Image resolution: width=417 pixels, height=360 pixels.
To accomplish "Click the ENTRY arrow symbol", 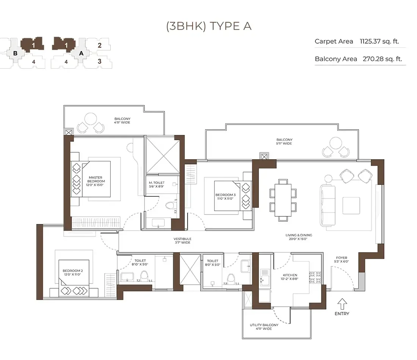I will coord(342,303).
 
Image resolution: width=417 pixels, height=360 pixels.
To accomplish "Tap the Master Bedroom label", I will coord(96,179).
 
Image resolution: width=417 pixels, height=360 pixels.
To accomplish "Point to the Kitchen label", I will coord(290,277).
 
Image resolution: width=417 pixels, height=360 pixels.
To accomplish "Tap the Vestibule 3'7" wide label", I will coord(182,241).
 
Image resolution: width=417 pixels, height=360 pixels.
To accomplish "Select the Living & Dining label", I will coord(299,237).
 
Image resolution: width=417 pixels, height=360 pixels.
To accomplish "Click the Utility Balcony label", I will coord(264,327).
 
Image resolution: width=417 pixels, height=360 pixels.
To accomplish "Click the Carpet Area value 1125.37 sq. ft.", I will coord(379,41).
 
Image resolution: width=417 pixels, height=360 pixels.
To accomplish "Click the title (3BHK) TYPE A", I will coord(208,26).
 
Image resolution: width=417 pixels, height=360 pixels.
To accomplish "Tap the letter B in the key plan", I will coord(15,53).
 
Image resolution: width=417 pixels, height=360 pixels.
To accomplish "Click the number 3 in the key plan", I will coord(99,61).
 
